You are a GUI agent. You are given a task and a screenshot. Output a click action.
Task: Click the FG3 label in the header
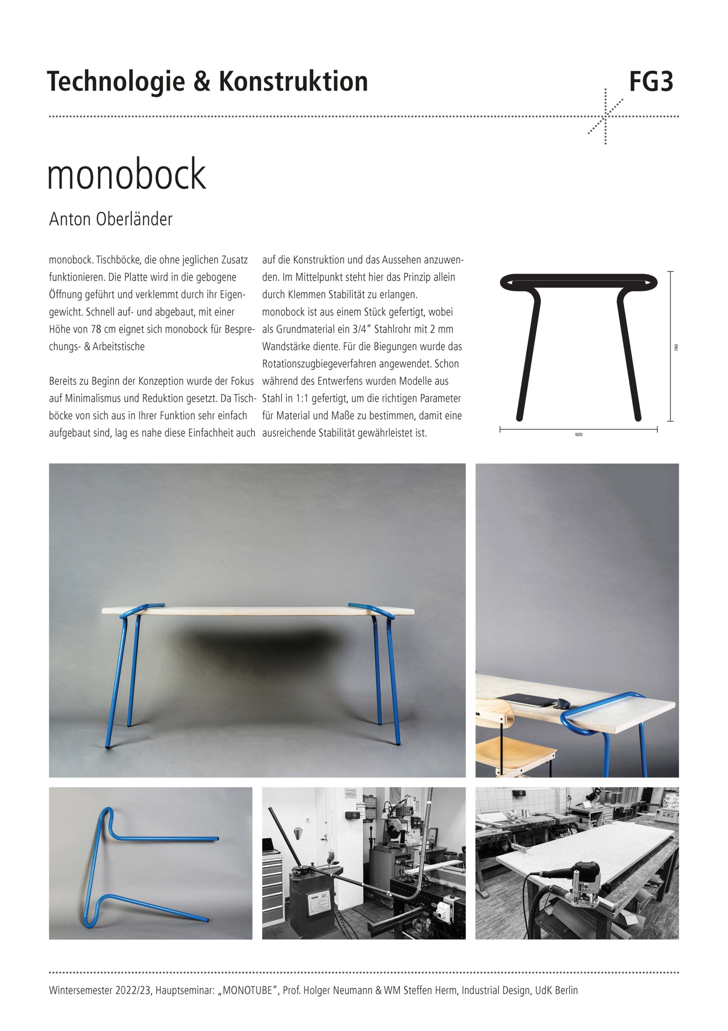pyautogui.click(x=651, y=82)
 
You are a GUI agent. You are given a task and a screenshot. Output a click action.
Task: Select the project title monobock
pyautogui.click(x=126, y=174)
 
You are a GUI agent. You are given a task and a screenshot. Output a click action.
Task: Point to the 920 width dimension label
pyautogui.click(x=579, y=435)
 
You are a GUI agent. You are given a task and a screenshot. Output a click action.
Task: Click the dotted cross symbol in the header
pyautogui.click(x=606, y=116)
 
